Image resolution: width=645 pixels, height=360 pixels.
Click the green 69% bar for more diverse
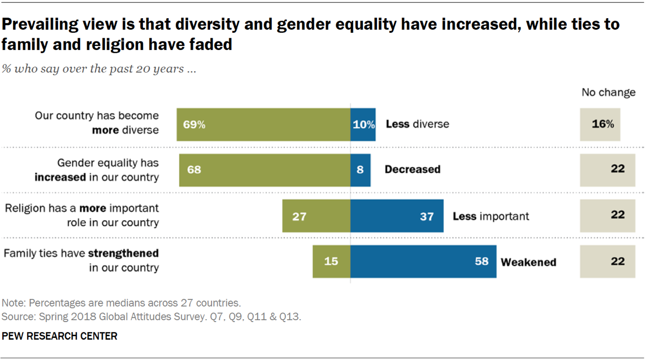[x=263, y=124]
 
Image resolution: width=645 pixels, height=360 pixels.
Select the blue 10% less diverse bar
[x=363, y=124]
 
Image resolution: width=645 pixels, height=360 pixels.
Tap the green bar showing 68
[x=265, y=170]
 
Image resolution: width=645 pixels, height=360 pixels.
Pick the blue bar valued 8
[x=360, y=170]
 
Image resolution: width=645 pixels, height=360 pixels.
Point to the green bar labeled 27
[x=316, y=216]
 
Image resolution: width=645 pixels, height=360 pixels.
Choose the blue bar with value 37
[x=397, y=216]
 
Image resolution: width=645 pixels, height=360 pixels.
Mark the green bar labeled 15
[x=331, y=261]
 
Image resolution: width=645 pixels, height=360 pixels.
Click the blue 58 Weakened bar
[x=423, y=261]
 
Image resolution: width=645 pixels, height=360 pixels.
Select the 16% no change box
[x=600, y=124]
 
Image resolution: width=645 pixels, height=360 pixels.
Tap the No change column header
[x=608, y=92]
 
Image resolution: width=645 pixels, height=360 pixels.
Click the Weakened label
[x=528, y=262]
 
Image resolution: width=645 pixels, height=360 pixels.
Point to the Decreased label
[x=412, y=169]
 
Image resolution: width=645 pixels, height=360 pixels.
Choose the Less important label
[x=491, y=216]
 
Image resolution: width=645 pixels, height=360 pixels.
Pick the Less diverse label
[x=417, y=124]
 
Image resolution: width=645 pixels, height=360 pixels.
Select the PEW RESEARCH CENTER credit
[x=59, y=336]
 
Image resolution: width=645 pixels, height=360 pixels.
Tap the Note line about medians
[x=121, y=303]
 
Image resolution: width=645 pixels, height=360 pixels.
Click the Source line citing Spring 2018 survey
[x=151, y=317]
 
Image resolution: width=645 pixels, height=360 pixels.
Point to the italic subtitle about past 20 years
[x=99, y=69]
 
